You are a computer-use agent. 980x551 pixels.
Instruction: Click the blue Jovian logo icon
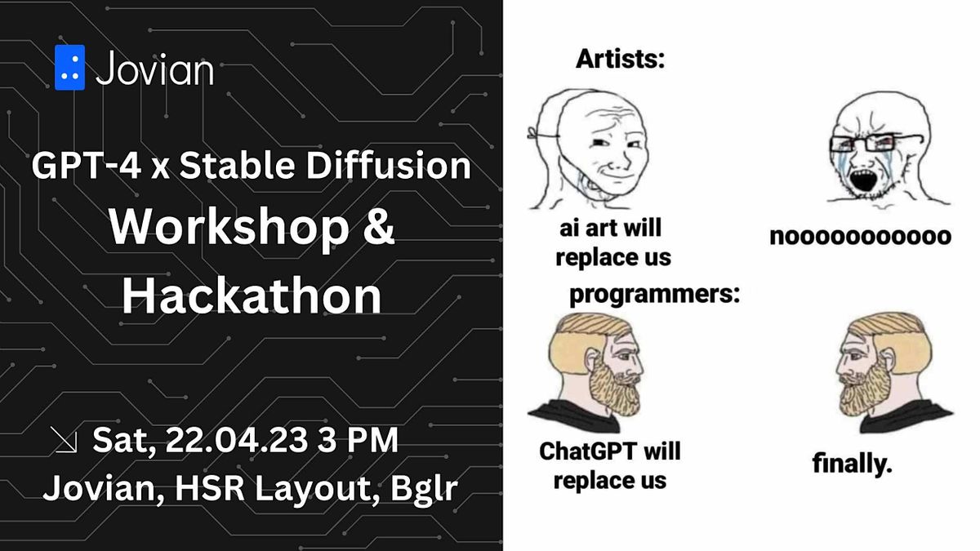[x=69, y=68]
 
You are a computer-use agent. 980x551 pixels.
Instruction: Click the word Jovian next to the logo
[x=154, y=69]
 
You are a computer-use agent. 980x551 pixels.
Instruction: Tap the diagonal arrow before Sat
[x=65, y=442]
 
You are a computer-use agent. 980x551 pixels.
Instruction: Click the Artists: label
[x=619, y=59]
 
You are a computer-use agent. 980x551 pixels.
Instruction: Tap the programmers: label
[x=654, y=295]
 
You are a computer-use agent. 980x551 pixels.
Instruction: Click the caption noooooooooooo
[x=860, y=237]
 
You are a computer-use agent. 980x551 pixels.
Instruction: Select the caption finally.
[x=852, y=464]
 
